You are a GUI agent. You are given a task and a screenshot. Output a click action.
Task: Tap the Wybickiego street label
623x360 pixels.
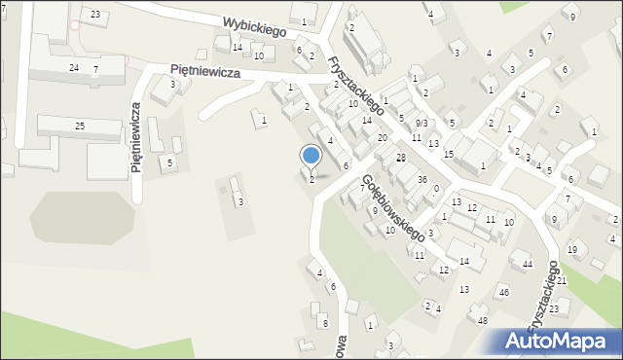(x=254, y=25)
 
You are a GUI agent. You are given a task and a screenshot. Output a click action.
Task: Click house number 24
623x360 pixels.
(x=74, y=67)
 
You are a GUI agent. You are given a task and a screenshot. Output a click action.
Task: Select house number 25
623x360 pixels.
(x=80, y=126)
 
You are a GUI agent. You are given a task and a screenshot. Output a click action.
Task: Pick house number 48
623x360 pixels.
(x=482, y=320)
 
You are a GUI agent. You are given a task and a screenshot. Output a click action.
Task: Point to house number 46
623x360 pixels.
(x=504, y=292)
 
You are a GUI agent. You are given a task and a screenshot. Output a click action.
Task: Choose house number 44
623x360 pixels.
(x=528, y=265)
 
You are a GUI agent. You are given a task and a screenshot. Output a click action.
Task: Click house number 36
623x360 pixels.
(x=422, y=180)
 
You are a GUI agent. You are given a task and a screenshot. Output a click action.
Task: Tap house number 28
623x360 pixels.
(x=400, y=158)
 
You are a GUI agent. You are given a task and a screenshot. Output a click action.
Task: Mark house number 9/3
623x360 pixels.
(x=421, y=124)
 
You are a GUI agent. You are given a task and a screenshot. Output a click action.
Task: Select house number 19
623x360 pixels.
(x=572, y=250)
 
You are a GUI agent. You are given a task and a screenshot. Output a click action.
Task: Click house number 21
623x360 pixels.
(x=562, y=280)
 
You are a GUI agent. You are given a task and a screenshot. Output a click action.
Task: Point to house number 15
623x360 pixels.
(x=449, y=155)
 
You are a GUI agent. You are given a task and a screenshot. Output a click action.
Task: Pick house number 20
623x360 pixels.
(x=383, y=138)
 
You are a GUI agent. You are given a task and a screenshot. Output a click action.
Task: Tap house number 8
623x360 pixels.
(x=325, y=323)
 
